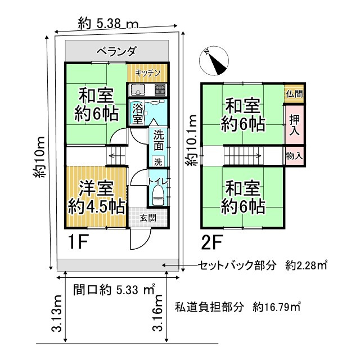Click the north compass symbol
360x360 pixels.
(214, 60)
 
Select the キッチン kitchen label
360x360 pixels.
(148, 73)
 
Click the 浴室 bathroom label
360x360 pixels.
(137, 114)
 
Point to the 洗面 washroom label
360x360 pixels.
(159, 140)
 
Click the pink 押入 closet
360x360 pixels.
(294, 124)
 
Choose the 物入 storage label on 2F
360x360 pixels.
(294, 155)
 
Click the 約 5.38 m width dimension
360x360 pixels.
(109, 23)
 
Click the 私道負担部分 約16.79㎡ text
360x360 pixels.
(237, 307)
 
